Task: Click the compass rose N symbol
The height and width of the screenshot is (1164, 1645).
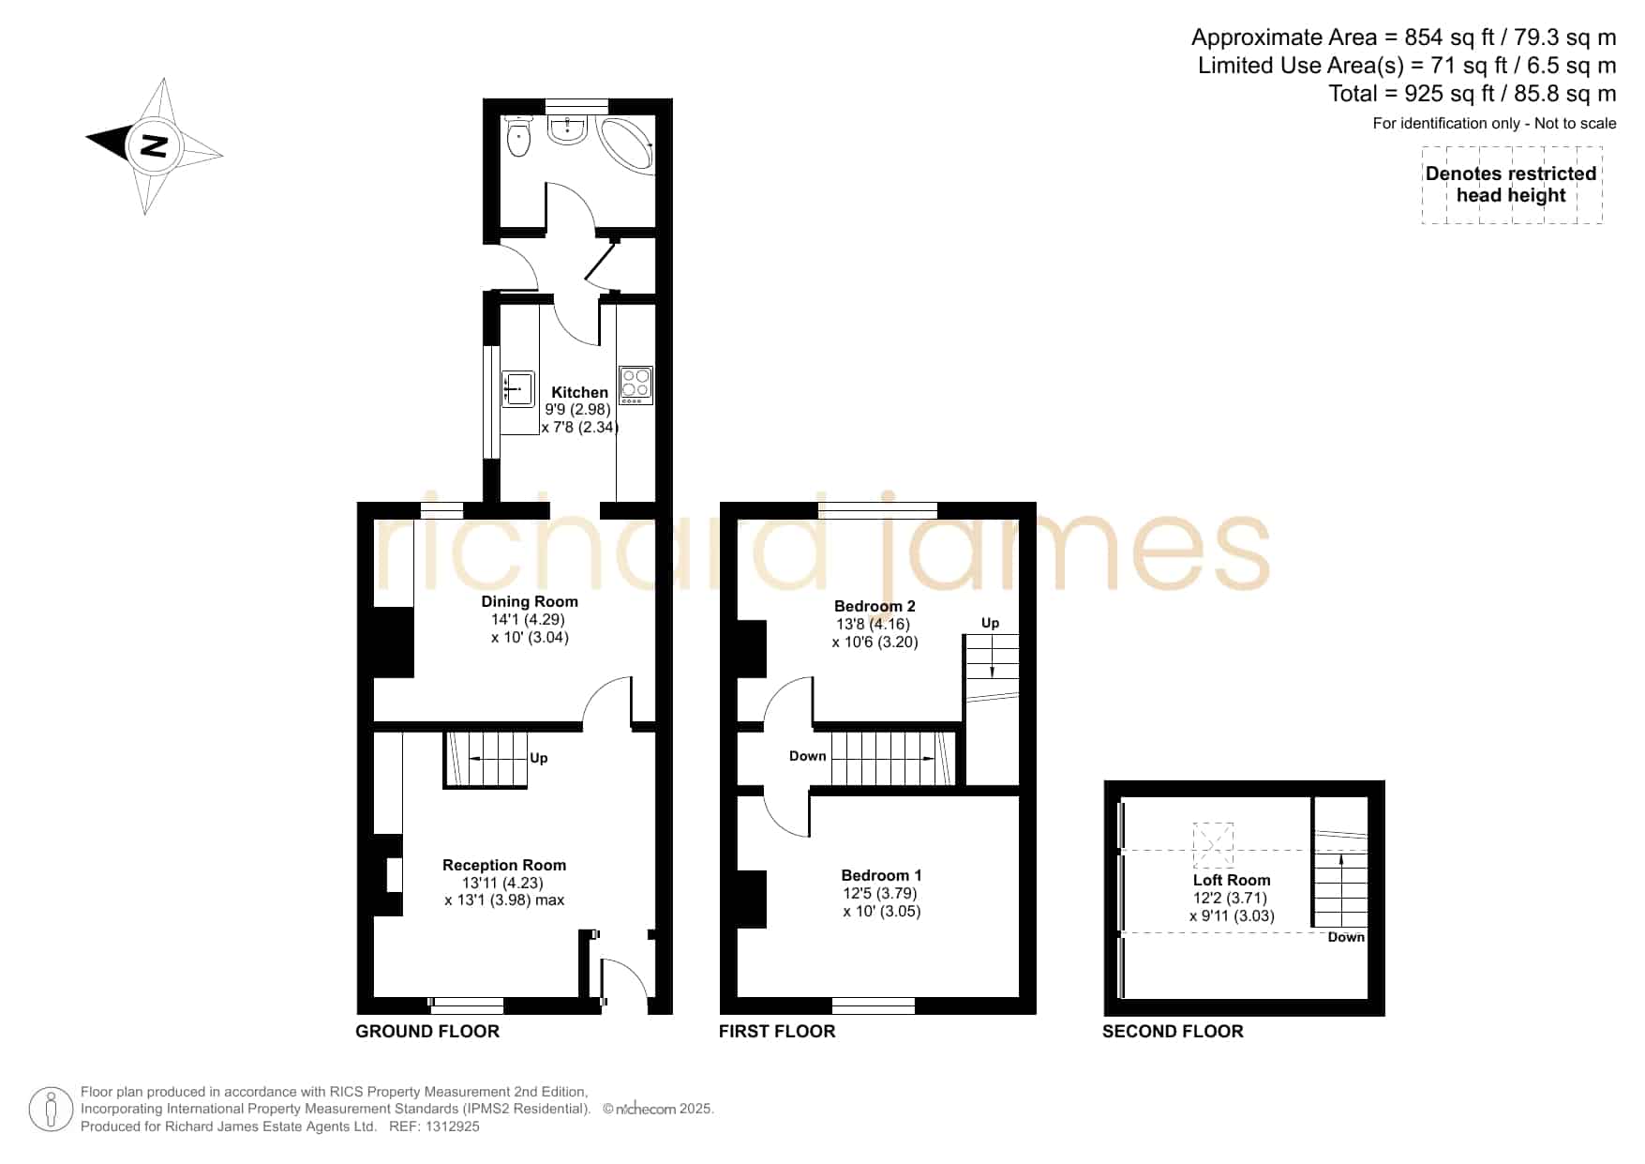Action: (x=154, y=145)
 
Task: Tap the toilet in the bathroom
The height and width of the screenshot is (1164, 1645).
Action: (x=517, y=137)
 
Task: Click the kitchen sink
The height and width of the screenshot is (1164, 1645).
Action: (x=517, y=389)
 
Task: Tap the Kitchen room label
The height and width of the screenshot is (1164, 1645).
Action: (x=579, y=392)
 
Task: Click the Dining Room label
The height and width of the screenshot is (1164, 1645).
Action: (x=530, y=601)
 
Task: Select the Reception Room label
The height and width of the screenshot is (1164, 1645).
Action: (x=504, y=865)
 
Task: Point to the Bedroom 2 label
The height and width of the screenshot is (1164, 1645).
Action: (x=875, y=606)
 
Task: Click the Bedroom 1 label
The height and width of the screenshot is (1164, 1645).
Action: (x=881, y=875)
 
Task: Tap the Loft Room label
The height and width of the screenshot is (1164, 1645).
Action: (x=1232, y=880)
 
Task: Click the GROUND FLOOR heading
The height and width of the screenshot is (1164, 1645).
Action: (x=427, y=1031)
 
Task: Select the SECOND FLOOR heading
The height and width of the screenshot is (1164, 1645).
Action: (x=1173, y=1031)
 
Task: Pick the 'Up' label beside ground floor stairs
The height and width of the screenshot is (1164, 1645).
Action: (x=539, y=758)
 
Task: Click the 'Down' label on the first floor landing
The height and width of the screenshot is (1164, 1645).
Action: (x=807, y=756)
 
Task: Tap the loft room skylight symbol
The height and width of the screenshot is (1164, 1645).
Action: (x=1213, y=844)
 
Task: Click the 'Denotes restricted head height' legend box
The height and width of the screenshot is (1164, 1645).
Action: (x=1511, y=185)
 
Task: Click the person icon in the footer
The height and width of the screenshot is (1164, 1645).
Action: (x=51, y=1110)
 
